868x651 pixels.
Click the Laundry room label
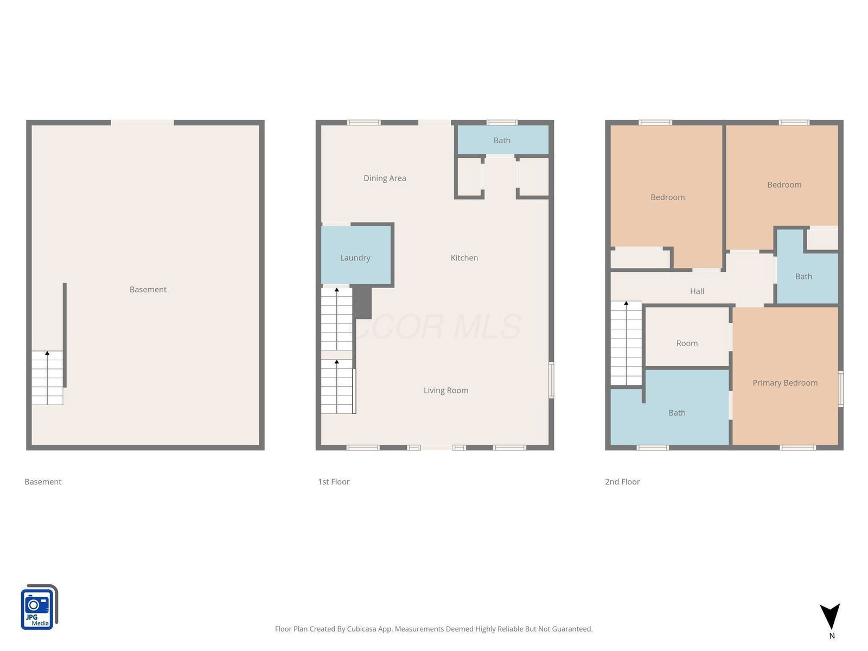pos(355,258)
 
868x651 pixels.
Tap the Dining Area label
pos(385,178)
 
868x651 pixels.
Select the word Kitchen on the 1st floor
pos(464,258)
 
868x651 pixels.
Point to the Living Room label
pos(446,391)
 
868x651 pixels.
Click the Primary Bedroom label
pos(785,382)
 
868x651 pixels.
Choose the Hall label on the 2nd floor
pos(697,291)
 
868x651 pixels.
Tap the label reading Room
pos(687,343)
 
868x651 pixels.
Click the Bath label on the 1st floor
pos(502,141)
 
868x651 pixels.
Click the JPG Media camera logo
pos(39,607)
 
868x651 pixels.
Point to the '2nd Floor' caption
pos(622,482)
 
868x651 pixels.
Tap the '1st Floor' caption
pos(334,482)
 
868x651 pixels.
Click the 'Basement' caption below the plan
pos(43,482)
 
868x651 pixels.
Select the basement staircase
pos(47,378)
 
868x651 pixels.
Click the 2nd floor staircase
pos(626,343)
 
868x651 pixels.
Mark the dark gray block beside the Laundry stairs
pos(362,303)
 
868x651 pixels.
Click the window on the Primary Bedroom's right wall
pos(841,389)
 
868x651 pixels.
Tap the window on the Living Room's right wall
pos(551,380)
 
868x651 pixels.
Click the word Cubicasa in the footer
pos(361,629)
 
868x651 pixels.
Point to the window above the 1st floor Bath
pos(502,123)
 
